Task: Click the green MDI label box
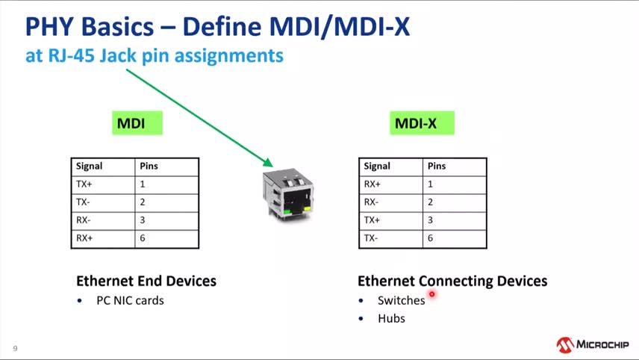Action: (x=137, y=123)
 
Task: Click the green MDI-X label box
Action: (x=422, y=123)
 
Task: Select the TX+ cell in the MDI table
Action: (x=104, y=184)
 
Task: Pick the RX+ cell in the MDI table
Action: (x=104, y=239)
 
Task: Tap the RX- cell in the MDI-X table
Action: (x=392, y=202)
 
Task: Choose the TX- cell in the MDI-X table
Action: (x=392, y=239)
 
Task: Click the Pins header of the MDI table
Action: (x=167, y=167)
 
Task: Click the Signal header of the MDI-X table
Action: (x=392, y=167)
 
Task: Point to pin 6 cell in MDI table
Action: (x=167, y=239)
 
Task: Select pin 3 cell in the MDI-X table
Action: (x=455, y=220)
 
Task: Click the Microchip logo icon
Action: (x=564, y=345)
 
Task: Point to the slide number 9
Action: (x=15, y=348)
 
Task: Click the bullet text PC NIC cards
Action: (x=130, y=300)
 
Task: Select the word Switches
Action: (x=401, y=300)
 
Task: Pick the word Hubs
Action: (x=391, y=318)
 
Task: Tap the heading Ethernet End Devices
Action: (x=146, y=281)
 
